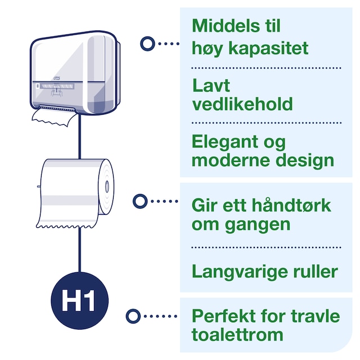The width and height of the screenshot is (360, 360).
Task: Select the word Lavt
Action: (211, 86)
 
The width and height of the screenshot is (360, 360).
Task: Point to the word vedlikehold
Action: (242, 104)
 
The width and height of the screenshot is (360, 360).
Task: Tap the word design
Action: (308, 160)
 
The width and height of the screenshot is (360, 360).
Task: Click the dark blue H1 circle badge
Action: (79, 300)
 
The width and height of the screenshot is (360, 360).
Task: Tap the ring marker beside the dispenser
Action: (147, 43)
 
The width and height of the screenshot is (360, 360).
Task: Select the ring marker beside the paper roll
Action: (139, 200)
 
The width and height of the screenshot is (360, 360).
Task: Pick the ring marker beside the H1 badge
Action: (132, 316)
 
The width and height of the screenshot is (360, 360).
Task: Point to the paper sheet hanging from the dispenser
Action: (54, 116)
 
